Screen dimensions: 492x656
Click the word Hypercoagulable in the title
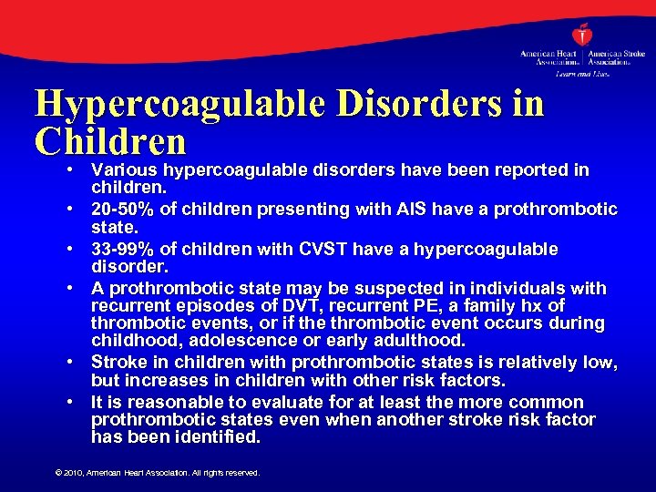coord(179,103)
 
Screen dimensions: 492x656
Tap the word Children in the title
coord(110,141)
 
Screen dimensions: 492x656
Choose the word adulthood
coord(420,341)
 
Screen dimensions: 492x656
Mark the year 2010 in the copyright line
coord(75,473)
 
